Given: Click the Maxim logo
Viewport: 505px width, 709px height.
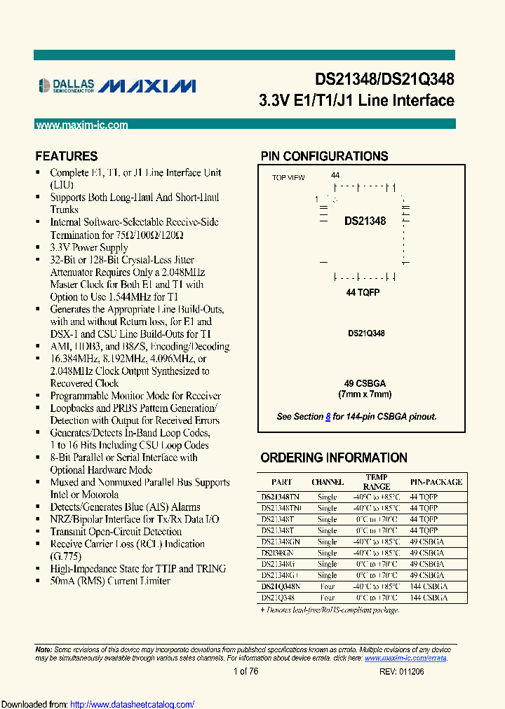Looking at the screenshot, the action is pos(147,85).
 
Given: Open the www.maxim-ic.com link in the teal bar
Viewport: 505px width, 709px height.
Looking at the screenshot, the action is pos(81,125).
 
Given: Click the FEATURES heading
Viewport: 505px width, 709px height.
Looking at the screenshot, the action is pos(67,156).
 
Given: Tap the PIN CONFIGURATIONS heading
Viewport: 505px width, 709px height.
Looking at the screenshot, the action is pos(324,156).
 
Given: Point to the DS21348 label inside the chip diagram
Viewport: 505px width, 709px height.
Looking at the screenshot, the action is pos(365,221).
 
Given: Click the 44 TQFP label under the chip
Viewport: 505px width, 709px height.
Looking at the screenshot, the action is pos(363,292).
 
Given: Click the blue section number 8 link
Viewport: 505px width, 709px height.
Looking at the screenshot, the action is pos(328,417).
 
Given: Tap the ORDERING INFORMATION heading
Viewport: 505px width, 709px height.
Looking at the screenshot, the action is pos(333,458).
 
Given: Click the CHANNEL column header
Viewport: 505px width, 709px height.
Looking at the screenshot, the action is pos(327,482).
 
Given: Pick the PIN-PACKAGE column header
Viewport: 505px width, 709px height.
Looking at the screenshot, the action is pos(436,482).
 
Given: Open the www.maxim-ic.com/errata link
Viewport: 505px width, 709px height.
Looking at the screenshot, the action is pos(405,659).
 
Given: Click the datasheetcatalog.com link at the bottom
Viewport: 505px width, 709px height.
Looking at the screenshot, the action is pos(133,704).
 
